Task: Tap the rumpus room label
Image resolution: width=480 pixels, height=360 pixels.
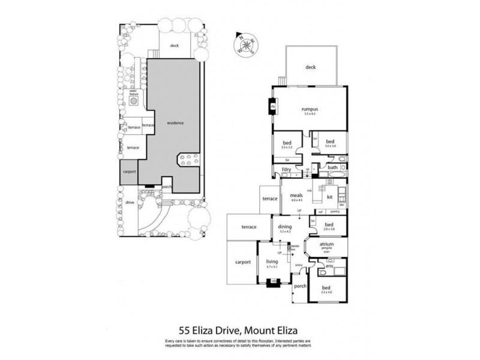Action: tap(309, 109)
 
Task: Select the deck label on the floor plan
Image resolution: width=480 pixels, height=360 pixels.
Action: tap(310, 67)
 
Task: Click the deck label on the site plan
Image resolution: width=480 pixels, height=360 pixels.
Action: tap(175, 45)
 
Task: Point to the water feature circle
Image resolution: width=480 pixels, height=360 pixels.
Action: tap(134, 102)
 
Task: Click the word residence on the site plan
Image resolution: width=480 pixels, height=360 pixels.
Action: tap(175, 123)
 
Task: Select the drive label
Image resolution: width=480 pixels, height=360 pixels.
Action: tap(130, 203)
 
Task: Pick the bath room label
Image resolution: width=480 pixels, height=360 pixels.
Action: tap(332, 167)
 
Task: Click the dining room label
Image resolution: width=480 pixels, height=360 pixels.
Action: tap(285, 226)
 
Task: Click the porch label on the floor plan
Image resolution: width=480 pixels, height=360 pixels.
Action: tap(300, 286)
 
